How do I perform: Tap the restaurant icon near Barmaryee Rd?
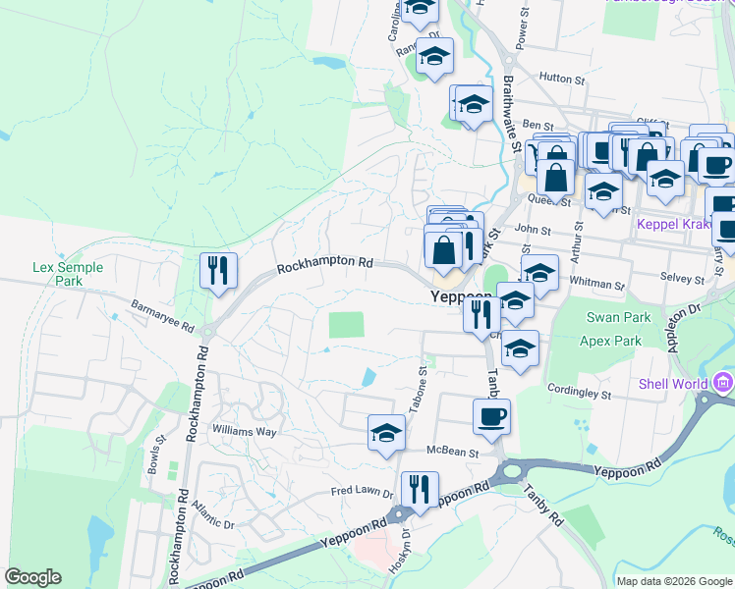pyautogui.click(x=217, y=270)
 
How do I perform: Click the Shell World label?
pyautogui.click(x=676, y=384)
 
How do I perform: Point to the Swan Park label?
pyautogui.click(x=612, y=317)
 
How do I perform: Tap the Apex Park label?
pyautogui.click(x=613, y=341)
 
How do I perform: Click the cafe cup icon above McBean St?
pyautogui.click(x=490, y=415)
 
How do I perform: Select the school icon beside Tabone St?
pyautogui.click(x=387, y=432)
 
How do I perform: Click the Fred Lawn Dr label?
pyautogui.click(x=362, y=491)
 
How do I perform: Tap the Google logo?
pyautogui.click(x=32, y=577)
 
